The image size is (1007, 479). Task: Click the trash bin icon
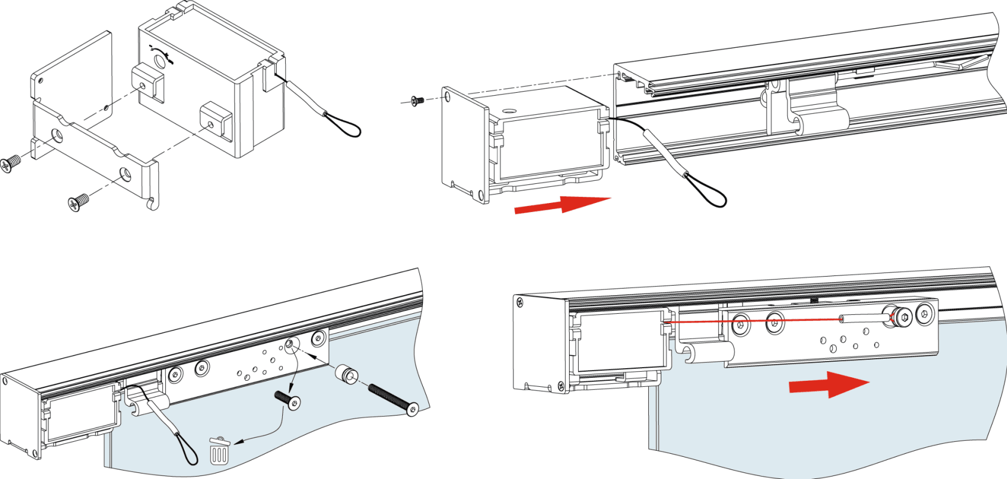219,450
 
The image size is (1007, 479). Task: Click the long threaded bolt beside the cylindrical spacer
392,399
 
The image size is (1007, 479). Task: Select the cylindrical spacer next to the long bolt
346,374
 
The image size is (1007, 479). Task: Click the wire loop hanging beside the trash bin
188,449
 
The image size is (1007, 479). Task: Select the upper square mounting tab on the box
148,82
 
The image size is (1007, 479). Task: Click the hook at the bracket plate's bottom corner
155,204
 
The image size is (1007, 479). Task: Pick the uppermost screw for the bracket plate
10,163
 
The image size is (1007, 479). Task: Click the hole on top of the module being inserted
509,111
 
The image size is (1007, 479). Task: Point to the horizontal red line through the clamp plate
779,321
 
